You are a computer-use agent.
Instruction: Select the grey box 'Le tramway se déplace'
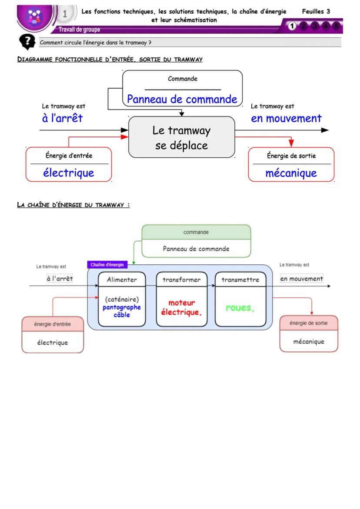point(181,137)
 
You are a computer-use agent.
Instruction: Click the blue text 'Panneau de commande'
point(182,99)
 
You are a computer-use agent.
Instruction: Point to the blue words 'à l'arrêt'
point(62,118)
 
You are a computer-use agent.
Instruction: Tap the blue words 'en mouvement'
point(286,118)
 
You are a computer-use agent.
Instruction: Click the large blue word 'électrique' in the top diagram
point(69,173)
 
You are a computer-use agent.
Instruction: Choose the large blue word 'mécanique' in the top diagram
point(291,173)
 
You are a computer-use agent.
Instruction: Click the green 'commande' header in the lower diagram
point(196,232)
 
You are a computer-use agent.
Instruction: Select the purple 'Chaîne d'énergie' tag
point(107,265)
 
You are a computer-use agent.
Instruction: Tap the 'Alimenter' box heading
point(122,280)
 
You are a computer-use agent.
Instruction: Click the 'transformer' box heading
point(181,280)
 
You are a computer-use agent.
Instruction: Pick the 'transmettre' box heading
point(240,280)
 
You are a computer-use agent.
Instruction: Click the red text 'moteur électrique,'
point(182,307)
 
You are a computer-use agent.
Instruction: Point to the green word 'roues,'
point(240,308)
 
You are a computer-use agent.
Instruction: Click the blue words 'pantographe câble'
point(122,311)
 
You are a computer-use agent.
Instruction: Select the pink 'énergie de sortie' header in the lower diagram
point(308,323)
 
